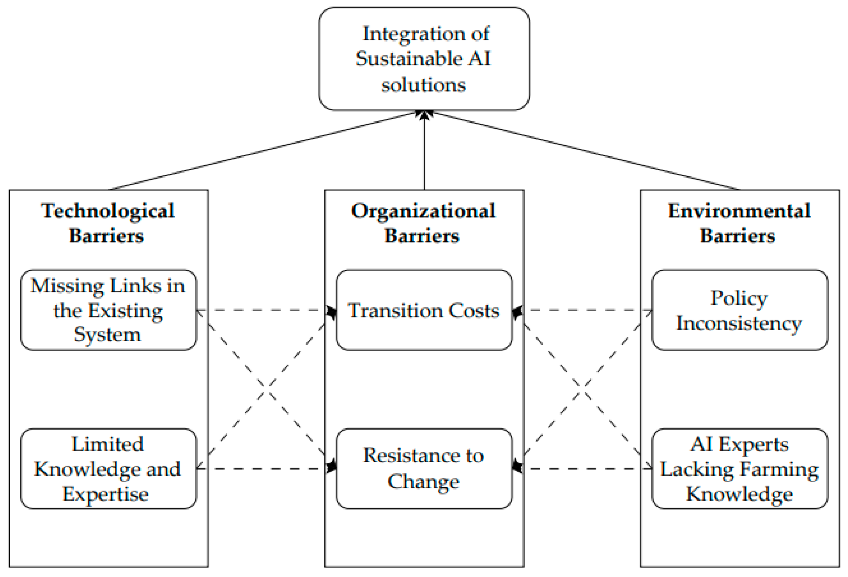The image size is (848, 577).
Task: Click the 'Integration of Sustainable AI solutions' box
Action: point(424,58)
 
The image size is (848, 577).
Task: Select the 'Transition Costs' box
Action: point(424,310)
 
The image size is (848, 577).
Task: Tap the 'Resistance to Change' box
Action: point(424,469)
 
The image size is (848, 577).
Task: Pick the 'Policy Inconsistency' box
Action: point(739,310)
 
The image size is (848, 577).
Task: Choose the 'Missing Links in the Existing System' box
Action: point(108,310)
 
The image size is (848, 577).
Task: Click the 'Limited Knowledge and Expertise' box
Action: point(108,469)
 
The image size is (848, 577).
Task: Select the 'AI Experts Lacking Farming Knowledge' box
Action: point(739,469)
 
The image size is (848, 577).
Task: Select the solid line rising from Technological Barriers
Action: point(263,150)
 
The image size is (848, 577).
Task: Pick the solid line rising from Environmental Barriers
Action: point(584,150)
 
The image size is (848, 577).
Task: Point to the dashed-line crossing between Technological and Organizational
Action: point(266,390)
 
